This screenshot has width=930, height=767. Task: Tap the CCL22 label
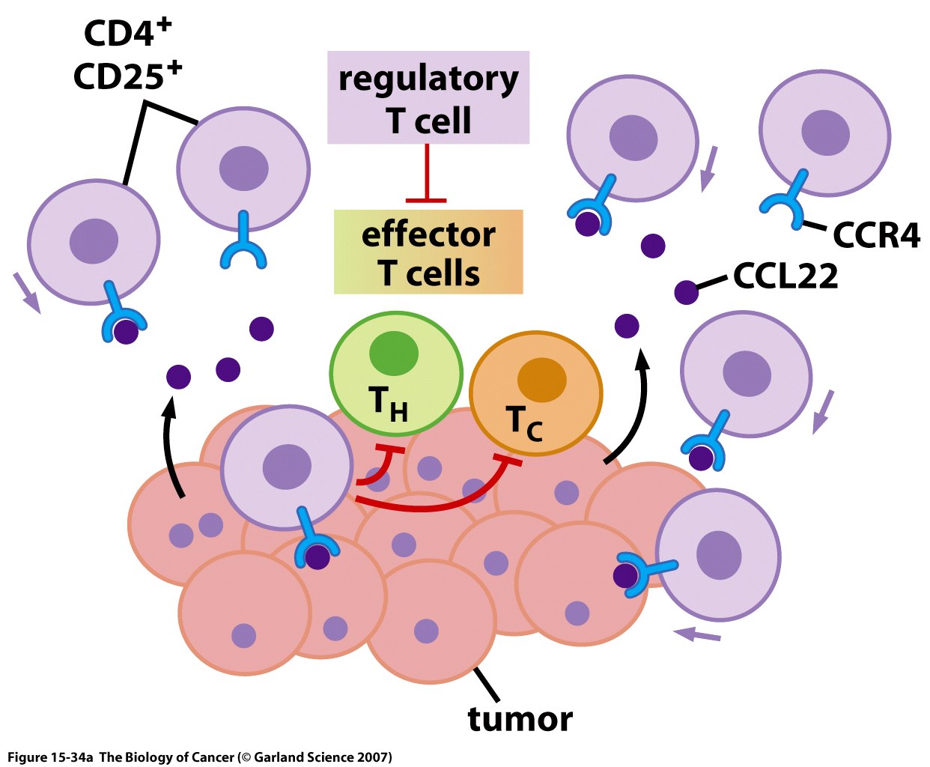[785, 276]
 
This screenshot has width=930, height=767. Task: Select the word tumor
[520, 719]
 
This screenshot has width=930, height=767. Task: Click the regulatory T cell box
[428, 98]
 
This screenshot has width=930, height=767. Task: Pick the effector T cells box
[428, 252]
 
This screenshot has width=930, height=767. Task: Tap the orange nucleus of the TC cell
[541, 380]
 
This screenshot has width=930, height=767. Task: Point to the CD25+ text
[127, 76]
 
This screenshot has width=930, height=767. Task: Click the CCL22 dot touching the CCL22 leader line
[687, 292]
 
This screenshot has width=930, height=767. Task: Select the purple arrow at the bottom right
[697, 636]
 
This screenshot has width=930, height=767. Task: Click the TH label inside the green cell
[389, 404]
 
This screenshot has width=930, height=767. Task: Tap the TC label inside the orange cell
[524, 424]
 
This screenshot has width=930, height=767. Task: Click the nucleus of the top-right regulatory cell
[825, 133]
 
